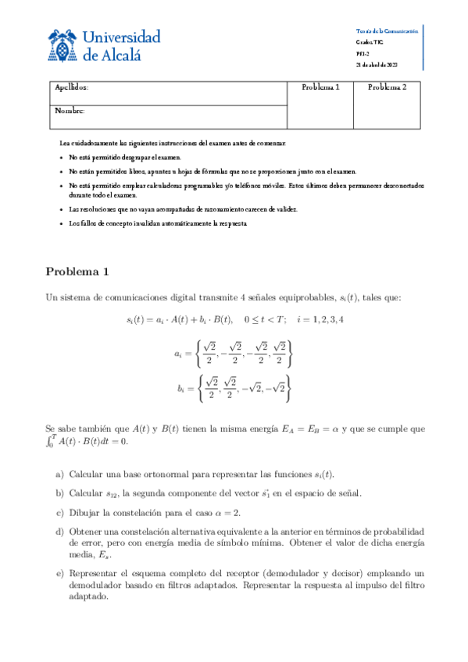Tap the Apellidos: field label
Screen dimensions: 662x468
click(72, 88)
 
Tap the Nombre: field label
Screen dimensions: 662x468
click(70, 111)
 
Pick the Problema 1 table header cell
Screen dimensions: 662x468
click(320, 88)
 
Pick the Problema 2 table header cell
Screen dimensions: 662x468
click(388, 88)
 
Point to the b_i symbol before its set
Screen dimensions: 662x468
click(180, 387)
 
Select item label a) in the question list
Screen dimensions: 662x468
click(60, 474)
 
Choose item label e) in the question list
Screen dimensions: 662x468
click(60, 572)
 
